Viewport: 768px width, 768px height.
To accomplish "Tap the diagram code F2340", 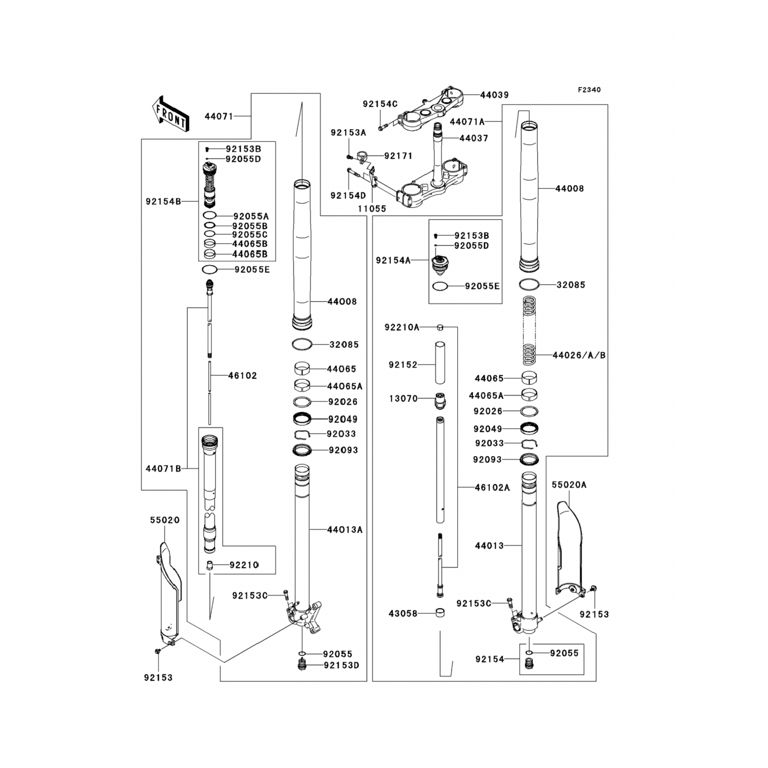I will pyautogui.click(x=589, y=90).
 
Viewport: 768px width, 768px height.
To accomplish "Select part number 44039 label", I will pyautogui.click(x=494, y=95).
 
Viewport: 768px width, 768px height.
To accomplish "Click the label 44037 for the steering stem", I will pyautogui.click(x=474, y=138).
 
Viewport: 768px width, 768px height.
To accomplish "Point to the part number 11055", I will pyautogui.click(x=372, y=209).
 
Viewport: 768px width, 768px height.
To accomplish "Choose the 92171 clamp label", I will pyautogui.click(x=398, y=156).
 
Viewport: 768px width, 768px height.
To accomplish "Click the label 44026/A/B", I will pyautogui.click(x=579, y=355).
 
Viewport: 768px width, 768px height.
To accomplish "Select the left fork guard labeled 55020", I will pyautogui.click(x=168, y=589).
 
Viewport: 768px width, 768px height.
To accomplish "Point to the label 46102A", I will pyautogui.click(x=492, y=487).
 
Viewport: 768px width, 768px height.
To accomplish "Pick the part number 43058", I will pyautogui.click(x=403, y=613).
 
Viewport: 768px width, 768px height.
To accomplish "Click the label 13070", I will pyautogui.click(x=403, y=398).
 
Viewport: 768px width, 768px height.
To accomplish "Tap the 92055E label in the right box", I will pyautogui.click(x=482, y=286).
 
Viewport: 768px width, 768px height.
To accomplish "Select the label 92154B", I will pyautogui.click(x=163, y=202).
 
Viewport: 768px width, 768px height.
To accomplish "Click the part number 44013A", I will pyautogui.click(x=345, y=530).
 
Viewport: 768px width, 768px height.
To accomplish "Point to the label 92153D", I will pyautogui.click(x=342, y=665).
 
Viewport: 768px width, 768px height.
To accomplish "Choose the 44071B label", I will pyautogui.click(x=163, y=468).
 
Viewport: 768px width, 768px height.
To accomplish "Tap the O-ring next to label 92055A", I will pyautogui.click(x=209, y=216).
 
